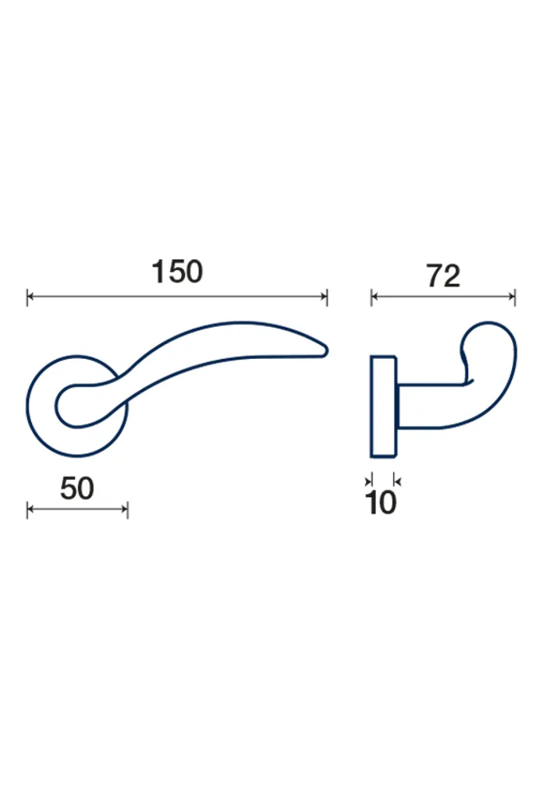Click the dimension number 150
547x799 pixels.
point(177,272)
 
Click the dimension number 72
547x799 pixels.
point(443,276)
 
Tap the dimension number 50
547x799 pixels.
point(77,488)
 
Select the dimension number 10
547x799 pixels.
point(381,503)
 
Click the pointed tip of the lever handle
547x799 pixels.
point(327,350)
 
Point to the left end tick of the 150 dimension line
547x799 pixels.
point(27,297)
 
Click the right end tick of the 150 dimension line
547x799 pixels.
point(327,297)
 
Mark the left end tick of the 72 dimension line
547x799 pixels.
point(371,297)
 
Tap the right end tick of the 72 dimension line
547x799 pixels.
point(515,297)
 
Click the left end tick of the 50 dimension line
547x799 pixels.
point(27,509)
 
